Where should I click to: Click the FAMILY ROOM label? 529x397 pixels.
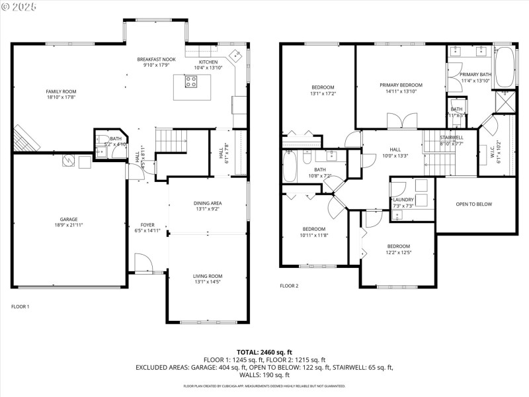coord(61,91)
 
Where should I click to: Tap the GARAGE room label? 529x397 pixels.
coord(69,219)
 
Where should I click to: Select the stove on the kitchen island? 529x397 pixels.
coord(190,82)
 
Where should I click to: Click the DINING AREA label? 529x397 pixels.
coord(207,203)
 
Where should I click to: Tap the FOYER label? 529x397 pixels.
coord(147,225)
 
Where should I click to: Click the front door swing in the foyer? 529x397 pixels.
coord(142,263)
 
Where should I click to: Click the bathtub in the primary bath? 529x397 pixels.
coord(504,67)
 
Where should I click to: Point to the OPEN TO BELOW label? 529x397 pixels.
coord(474,204)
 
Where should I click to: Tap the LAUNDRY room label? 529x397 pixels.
coord(403,200)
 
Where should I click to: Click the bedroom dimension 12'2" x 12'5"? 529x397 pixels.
coord(399,252)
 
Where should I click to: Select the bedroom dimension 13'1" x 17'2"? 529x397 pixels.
coord(323,93)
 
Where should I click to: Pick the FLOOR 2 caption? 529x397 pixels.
coord(289,286)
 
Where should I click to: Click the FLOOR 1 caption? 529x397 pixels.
coord(20,306)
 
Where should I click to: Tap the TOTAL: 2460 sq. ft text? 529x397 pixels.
coord(264,351)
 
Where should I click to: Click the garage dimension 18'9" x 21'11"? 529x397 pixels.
coord(69,225)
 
